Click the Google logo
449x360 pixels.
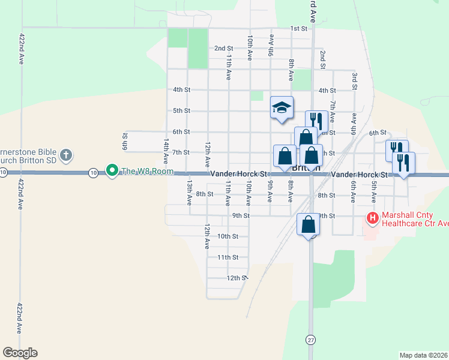pos(20,353)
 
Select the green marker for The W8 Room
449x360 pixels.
pos(112,172)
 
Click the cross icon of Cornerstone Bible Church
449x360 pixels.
pos(66,155)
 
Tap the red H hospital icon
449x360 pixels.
pos(372,218)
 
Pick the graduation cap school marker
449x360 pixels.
pos(282,107)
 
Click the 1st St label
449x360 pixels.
pos(298,28)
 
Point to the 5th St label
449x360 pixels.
pos(181,111)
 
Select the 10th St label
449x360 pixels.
pos(228,236)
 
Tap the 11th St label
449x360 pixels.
pos(228,257)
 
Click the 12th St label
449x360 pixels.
pos(237,278)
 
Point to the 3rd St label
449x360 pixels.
pos(355,81)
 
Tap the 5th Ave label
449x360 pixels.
pos(373,191)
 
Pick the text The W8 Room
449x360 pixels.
pos(147,172)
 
